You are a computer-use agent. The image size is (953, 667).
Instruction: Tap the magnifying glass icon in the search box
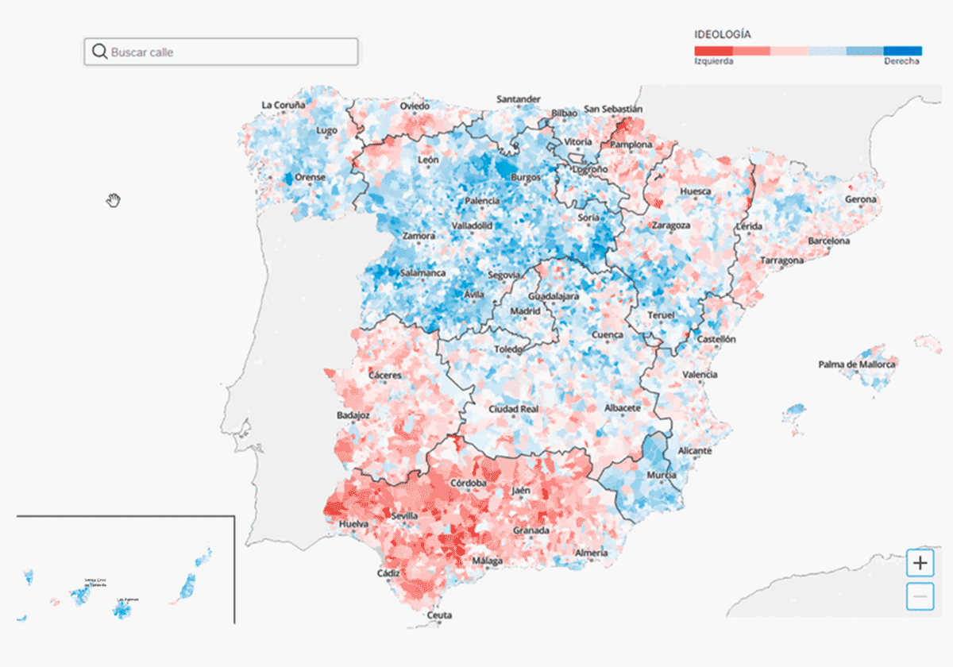[99, 52]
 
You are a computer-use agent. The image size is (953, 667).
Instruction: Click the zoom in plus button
[920, 564]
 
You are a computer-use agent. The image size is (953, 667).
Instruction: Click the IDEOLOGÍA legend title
[723, 35]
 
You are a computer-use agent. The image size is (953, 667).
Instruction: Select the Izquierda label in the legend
[713, 61]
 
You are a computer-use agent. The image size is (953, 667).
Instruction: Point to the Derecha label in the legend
[902, 61]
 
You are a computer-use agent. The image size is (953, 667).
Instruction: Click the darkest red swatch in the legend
[713, 51]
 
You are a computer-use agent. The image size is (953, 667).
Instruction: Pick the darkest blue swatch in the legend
[903, 51]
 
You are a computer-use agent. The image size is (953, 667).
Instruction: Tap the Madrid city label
[525, 311]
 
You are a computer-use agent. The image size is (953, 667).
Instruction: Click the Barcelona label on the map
[829, 241]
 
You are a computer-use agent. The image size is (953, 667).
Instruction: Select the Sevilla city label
[404, 516]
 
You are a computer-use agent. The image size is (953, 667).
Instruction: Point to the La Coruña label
[284, 105]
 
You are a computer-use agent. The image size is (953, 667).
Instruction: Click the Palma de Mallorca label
[857, 364]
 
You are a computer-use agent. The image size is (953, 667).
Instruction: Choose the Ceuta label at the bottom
[439, 615]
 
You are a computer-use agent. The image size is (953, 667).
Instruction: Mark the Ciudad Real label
[514, 409]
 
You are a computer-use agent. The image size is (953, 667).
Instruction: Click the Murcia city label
[661, 475]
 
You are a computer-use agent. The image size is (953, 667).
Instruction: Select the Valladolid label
[472, 226]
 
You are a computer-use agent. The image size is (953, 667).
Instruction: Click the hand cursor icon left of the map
[114, 200]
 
